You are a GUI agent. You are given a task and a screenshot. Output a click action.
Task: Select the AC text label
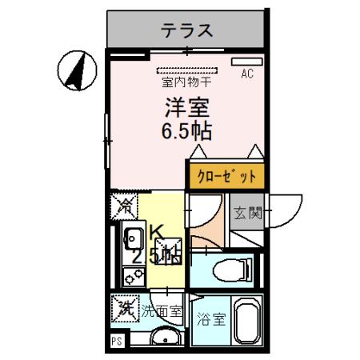(x=247, y=74)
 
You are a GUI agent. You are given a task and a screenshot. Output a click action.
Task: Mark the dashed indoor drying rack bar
(x=186, y=70)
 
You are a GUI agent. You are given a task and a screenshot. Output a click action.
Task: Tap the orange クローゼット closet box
(x=226, y=174)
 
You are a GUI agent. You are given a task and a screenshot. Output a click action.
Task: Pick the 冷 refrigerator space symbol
(x=124, y=206)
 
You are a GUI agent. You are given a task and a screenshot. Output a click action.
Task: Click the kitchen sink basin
(x=133, y=238)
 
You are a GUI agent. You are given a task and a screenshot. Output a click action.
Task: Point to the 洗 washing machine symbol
(x=124, y=307)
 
